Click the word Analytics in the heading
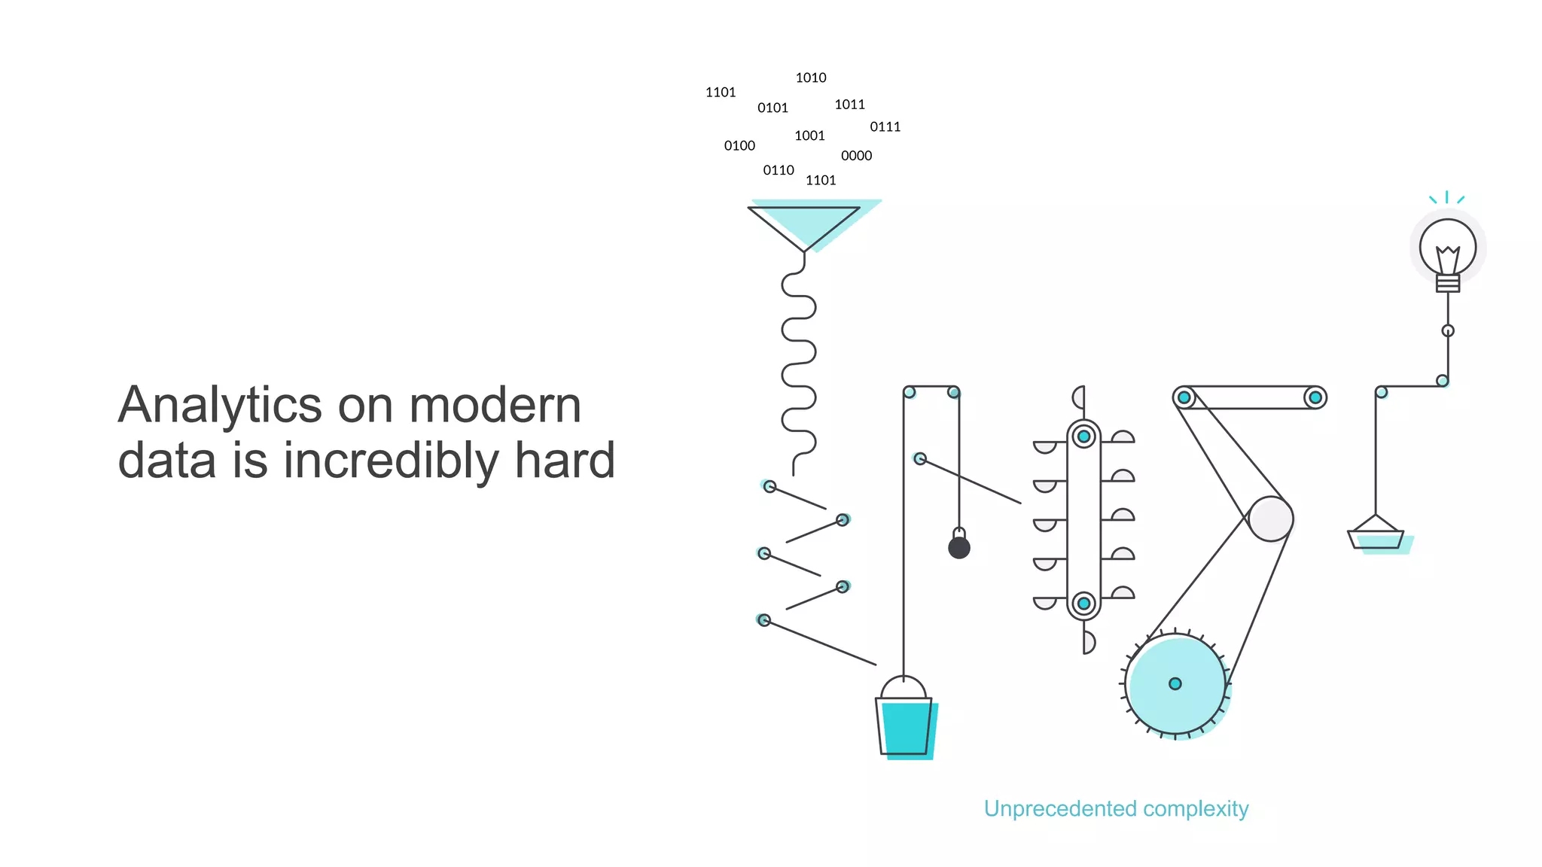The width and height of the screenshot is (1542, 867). click(220, 406)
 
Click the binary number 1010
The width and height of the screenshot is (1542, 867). click(811, 78)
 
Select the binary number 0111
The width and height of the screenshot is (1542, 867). click(885, 127)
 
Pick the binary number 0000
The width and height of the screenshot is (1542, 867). click(856, 156)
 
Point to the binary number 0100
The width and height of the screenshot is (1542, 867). click(739, 146)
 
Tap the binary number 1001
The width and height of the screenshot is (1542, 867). click(809, 136)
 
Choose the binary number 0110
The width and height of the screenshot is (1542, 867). click(779, 171)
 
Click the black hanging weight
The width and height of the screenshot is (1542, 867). click(959, 546)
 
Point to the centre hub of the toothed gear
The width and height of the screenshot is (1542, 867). click(1175, 683)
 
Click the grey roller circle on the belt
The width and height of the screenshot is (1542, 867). click(1271, 519)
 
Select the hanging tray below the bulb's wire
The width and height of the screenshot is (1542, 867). click(1376, 537)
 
